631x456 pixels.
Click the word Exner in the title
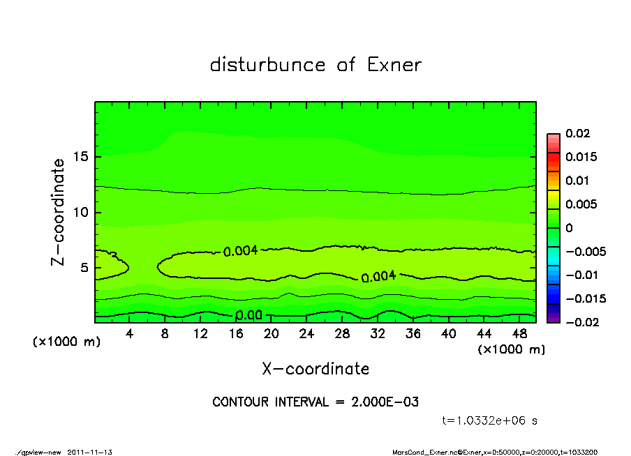(x=394, y=65)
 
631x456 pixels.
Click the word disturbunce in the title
(x=267, y=65)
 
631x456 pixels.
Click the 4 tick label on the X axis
(x=130, y=334)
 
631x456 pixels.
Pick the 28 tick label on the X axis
(x=343, y=334)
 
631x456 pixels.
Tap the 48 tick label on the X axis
(x=519, y=334)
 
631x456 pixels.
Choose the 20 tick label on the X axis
(x=272, y=334)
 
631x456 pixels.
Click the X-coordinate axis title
(x=315, y=368)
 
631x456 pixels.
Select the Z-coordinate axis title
(x=59, y=212)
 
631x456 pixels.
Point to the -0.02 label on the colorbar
(x=580, y=322)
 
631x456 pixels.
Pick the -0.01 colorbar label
(x=580, y=275)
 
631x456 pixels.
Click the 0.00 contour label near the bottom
(x=249, y=315)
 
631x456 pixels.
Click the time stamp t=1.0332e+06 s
(x=490, y=420)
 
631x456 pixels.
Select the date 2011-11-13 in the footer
(x=90, y=452)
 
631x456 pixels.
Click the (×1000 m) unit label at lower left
(x=63, y=342)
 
